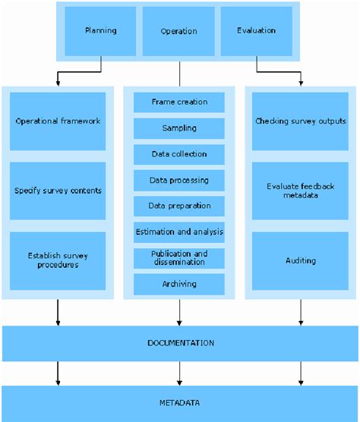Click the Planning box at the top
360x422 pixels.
click(100, 31)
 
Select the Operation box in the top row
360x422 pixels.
click(179, 31)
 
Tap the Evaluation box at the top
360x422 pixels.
click(256, 31)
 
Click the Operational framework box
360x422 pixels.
click(58, 121)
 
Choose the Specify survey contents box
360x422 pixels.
click(58, 191)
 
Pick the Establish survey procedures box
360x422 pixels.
click(58, 260)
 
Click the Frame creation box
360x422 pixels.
click(179, 102)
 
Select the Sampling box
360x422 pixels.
click(179, 128)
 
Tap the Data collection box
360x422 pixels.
click(179, 154)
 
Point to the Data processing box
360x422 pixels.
click(179, 180)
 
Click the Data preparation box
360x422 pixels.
click(179, 206)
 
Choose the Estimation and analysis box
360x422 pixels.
click(179, 231)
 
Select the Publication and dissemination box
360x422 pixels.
click(179, 258)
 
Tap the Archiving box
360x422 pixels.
click(179, 284)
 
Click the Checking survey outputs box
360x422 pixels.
click(300, 121)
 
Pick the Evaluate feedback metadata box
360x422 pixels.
click(300, 191)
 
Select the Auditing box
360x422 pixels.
click(300, 260)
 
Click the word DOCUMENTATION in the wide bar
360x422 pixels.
click(180, 343)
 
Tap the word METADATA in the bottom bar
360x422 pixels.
click(180, 403)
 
